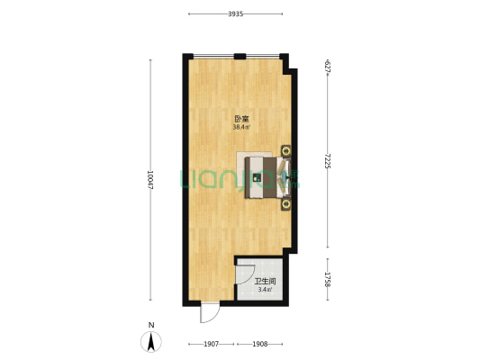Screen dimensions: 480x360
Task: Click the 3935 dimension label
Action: point(235,13)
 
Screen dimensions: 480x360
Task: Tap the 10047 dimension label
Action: point(150,179)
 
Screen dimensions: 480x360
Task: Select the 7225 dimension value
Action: point(327,161)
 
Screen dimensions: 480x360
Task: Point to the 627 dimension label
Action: point(327,67)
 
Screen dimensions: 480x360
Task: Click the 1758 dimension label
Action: point(327,279)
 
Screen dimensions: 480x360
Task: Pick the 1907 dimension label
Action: point(212,344)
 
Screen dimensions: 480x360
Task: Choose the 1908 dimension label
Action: point(260,344)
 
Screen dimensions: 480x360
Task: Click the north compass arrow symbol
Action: point(151,342)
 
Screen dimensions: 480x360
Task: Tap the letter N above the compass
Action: point(151,325)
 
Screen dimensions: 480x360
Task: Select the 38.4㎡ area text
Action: point(241,127)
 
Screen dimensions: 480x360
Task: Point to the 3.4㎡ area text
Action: point(265,290)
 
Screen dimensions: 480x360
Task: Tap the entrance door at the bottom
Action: point(210,312)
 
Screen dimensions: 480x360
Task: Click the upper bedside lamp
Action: point(286,150)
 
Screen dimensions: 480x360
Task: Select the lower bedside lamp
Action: point(286,204)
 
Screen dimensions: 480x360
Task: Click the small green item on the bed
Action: point(257,177)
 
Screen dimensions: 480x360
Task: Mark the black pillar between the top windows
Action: point(240,57)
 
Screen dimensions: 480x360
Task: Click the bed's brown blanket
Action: point(269,177)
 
